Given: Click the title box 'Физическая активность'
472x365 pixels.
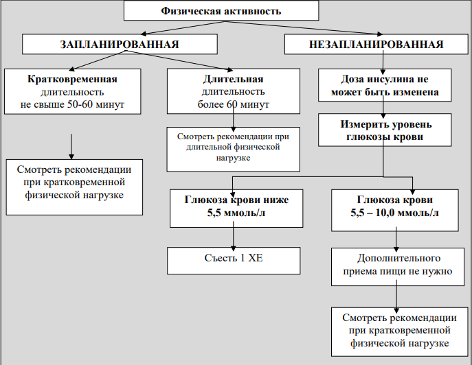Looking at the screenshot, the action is [221, 11].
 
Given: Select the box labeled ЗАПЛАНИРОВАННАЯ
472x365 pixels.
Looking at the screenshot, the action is [120, 44].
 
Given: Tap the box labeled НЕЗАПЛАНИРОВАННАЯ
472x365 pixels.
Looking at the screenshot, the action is [377, 44].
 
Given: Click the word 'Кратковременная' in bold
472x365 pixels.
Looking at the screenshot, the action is [72, 79].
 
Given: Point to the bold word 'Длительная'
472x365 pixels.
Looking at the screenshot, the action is [234, 79].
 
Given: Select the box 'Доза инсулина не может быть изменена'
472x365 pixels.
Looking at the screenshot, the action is [385, 85].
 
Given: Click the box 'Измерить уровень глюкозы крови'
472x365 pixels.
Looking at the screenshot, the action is [385, 130].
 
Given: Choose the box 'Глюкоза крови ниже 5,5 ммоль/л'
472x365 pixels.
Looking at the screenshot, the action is [236, 209].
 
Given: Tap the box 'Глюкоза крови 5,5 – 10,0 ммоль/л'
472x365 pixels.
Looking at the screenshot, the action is [395, 210].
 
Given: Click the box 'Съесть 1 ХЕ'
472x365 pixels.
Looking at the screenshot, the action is [234, 261].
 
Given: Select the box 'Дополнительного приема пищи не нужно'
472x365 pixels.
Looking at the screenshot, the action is [398, 267].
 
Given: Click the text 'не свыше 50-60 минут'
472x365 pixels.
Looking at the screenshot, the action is [72, 105].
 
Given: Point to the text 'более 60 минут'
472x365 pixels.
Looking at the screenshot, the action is [234, 105].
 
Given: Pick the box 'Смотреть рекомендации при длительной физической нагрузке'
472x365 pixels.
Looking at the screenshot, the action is [234, 150].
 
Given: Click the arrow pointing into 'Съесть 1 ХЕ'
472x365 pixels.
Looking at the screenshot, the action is [234, 236].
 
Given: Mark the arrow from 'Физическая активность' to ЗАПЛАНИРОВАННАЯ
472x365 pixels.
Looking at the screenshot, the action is [183, 27].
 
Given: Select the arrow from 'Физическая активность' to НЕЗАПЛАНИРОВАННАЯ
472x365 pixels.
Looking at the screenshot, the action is [304, 27].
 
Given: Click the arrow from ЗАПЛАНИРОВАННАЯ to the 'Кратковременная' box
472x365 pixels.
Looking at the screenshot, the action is [98, 60].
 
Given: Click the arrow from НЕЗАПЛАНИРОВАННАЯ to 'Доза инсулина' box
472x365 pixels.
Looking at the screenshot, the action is [383, 62].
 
